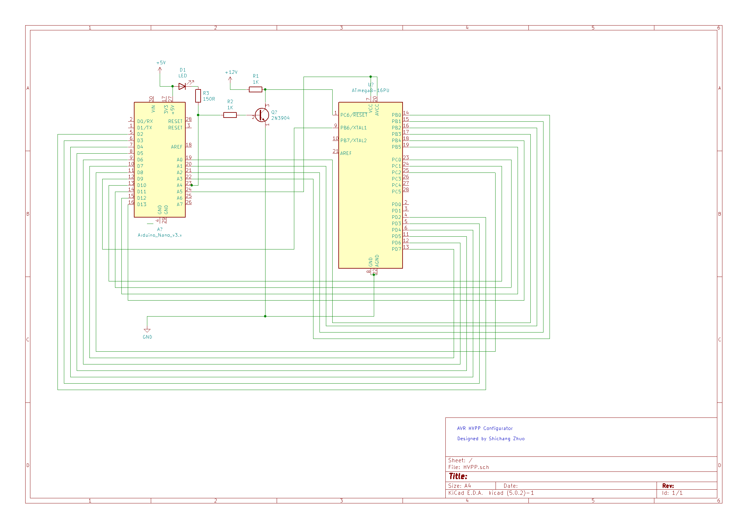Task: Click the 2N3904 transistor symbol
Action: [x=262, y=115]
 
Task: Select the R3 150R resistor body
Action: [x=198, y=96]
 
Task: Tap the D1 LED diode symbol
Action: [x=182, y=87]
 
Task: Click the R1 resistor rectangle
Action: [x=255, y=89]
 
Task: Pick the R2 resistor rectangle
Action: [x=230, y=115]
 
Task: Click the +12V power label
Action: [x=231, y=72]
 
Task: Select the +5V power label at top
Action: [x=161, y=63]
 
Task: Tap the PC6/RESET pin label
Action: [x=354, y=115]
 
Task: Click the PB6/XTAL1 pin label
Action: [x=353, y=128]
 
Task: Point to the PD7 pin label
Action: [x=396, y=249]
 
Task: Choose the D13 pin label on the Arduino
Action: [x=142, y=205]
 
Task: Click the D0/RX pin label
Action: [x=145, y=121]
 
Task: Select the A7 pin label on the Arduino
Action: [x=180, y=205]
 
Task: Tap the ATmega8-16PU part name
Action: [x=370, y=90]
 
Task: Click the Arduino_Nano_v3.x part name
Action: [x=160, y=235]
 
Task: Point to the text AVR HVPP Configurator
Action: [x=485, y=428]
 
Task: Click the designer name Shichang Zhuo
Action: [x=506, y=439]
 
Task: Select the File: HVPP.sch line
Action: [x=468, y=468]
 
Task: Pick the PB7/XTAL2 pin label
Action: [x=353, y=141]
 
